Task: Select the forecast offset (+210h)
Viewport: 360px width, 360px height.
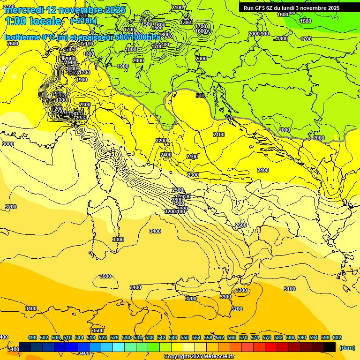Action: click(83, 21)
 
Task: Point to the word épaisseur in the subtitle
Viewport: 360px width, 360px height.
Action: click(94, 37)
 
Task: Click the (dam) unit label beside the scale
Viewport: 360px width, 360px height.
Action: click(347, 348)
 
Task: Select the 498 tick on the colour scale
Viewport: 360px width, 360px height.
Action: click(32, 337)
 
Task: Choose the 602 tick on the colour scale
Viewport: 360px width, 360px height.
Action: click(337, 337)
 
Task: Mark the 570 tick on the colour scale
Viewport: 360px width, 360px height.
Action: click(243, 337)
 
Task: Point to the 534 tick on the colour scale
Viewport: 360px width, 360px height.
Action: click(138, 337)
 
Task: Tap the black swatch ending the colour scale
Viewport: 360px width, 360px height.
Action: click(330, 347)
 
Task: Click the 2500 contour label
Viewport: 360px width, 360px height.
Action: click(178, 190)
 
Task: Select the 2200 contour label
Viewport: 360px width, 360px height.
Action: click(161, 141)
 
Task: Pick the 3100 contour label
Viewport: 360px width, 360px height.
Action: click(290, 289)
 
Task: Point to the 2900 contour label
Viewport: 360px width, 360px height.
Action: click(179, 203)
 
